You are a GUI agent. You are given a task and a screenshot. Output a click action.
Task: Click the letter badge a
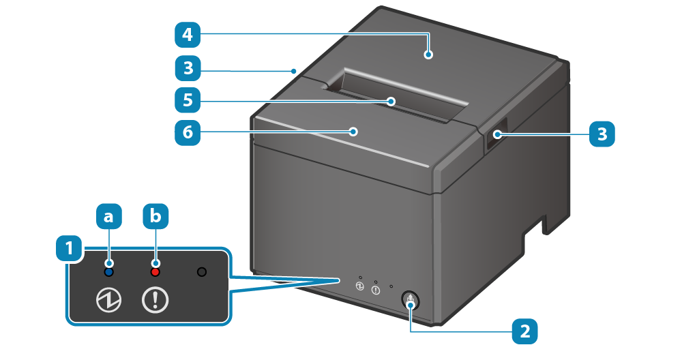tap(109, 217)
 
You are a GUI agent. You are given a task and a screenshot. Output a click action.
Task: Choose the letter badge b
tap(155, 217)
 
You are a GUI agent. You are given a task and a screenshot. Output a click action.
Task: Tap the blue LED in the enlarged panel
tap(109, 272)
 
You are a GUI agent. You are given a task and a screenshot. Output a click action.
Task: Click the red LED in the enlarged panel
tap(155, 272)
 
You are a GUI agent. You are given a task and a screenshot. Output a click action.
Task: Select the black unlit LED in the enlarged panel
tap(201, 272)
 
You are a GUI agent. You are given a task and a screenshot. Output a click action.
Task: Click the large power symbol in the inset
tap(109, 300)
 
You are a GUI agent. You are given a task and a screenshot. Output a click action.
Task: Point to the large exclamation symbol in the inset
tap(155, 300)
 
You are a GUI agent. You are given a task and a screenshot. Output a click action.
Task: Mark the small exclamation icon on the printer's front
tap(376, 290)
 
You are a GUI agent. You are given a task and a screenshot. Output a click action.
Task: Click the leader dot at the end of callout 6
tap(353, 132)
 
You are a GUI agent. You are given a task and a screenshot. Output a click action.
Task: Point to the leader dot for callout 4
tap(428, 55)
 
